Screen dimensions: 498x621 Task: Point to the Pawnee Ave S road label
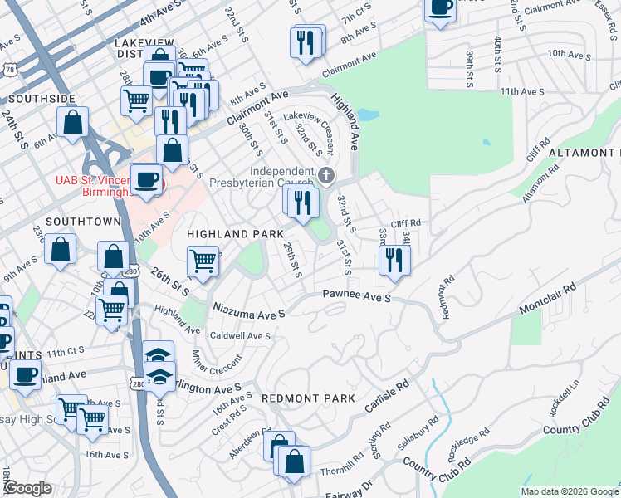356,295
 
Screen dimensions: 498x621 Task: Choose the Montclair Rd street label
547,300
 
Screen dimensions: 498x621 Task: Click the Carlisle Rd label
388,399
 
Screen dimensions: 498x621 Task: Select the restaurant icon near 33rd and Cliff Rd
394,260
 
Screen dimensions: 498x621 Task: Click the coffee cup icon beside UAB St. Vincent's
147,180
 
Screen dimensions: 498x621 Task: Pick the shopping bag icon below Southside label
74,122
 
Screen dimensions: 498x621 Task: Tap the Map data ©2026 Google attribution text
570,491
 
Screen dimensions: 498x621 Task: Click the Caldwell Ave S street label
241,336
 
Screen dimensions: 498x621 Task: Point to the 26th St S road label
171,281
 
